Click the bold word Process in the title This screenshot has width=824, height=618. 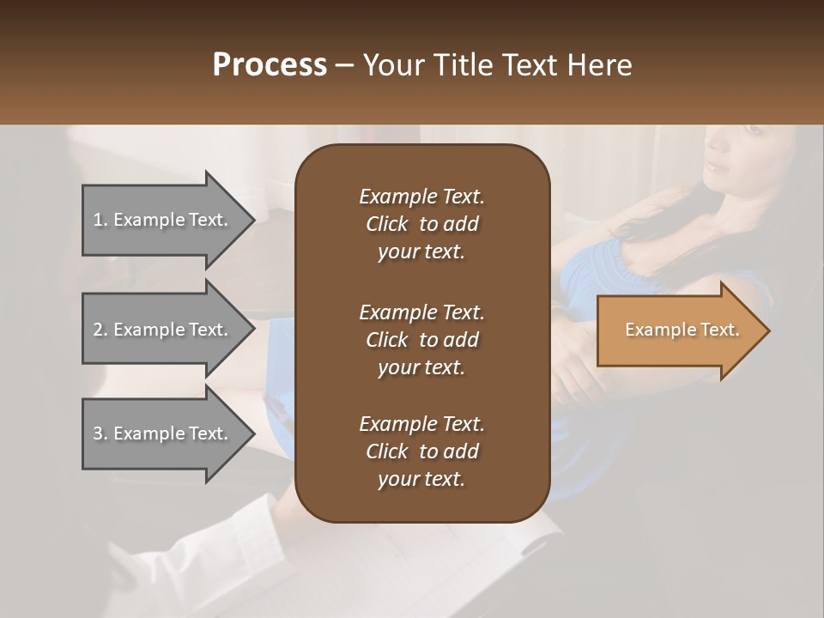click(270, 65)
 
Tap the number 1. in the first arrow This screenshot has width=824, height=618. click(100, 220)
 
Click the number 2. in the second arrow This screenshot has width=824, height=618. click(100, 330)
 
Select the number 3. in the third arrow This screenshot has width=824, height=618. click(100, 433)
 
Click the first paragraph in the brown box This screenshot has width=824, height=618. click(421, 224)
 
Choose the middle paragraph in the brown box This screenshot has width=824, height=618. click(421, 339)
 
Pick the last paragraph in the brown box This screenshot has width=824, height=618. click(421, 451)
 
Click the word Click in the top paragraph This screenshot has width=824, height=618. click(386, 224)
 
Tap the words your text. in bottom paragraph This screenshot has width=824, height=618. click(421, 479)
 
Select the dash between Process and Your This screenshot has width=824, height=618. click(345, 65)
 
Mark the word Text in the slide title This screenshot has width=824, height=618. click(531, 65)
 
